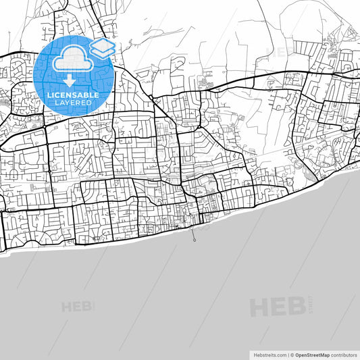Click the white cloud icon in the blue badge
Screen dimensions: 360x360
[69, 59]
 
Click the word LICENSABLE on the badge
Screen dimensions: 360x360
[73, 95]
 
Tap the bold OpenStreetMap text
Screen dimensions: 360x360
[311, 354]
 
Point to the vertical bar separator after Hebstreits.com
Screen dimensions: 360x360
[287, 354]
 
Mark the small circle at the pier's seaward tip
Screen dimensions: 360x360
[195, 240]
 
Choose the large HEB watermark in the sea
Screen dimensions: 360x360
[277, 307]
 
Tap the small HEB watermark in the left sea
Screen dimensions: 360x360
[78, 307]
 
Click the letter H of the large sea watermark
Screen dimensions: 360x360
[259, 307]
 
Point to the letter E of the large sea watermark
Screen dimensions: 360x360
[278, 307]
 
